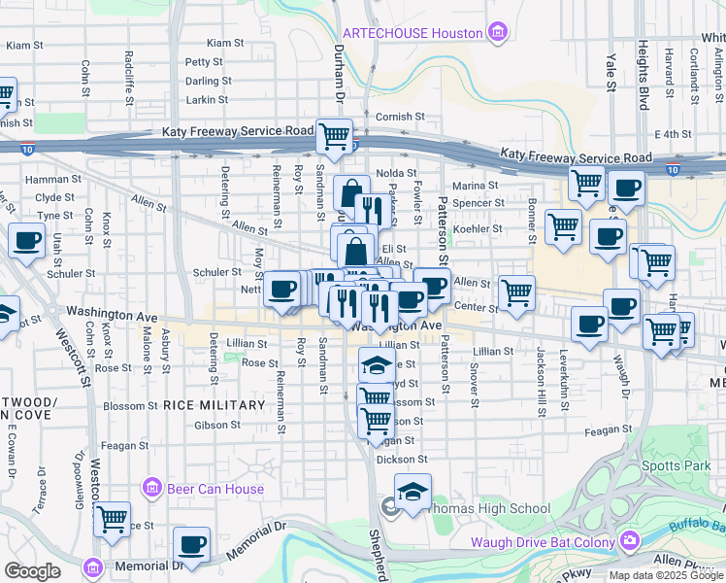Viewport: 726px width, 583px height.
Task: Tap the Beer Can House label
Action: point(215,489)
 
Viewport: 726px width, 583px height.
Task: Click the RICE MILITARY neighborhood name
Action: point(214,405)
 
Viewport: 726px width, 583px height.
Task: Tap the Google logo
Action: point(32,571)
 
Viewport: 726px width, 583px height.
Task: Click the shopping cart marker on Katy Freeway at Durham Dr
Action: point(334,136)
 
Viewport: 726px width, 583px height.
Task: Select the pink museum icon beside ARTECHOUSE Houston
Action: point(498,33)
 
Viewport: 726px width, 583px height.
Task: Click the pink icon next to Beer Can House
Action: point(151,487)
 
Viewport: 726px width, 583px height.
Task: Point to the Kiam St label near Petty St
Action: point(225,44)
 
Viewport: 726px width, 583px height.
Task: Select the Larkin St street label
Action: point(206,99)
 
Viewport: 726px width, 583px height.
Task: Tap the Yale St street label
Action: point(611,72)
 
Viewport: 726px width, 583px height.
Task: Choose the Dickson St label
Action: point(403,459)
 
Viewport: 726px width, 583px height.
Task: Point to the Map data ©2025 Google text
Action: point(665,575)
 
